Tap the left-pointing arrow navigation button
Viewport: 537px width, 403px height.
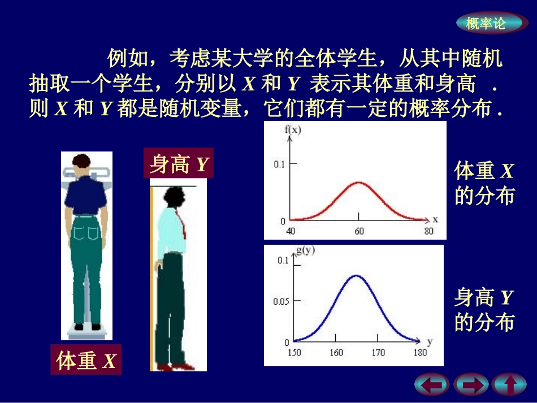432,385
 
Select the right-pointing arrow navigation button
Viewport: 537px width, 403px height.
471,385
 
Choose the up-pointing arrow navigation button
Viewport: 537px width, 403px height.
509,385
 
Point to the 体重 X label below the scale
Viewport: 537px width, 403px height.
86,359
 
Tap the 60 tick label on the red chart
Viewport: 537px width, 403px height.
358,231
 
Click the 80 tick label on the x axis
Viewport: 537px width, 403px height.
428,231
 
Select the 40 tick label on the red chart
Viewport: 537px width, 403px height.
291,231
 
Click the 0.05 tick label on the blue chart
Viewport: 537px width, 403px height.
281,301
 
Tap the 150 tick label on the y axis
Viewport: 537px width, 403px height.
295,353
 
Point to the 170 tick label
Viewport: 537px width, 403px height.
378,353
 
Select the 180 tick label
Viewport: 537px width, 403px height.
419,353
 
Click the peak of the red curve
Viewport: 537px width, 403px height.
358,183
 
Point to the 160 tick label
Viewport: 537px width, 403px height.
336,353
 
